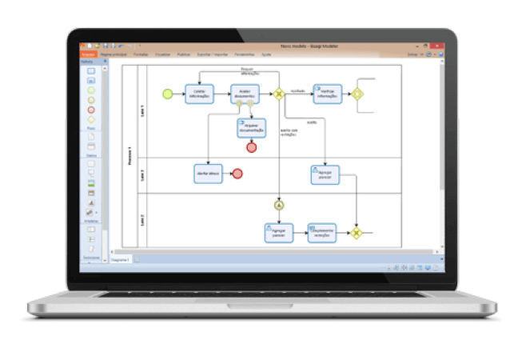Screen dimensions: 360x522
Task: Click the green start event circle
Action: pos(167,94)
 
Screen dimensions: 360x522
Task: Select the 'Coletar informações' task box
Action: pos(198,94)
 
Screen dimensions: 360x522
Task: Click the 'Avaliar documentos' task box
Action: pos(245,94)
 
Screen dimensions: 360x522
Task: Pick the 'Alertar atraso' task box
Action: pos(207,174)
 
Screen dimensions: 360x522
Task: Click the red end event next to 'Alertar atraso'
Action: pos(237,174)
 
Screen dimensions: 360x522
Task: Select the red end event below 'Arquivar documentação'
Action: pos(251,147)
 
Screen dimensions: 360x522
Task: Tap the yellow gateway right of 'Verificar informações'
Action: pos(357,94)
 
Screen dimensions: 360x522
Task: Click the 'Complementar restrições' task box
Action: pos(322,232)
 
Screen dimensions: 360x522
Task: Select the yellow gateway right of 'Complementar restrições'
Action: pos(357,233)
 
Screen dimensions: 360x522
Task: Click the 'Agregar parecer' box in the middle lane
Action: pos(325,174)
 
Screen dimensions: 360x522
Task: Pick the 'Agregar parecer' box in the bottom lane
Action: pos(277,232)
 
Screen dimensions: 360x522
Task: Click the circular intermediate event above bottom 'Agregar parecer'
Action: pos(279,205)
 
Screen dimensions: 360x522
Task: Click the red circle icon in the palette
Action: pos(91,110)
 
